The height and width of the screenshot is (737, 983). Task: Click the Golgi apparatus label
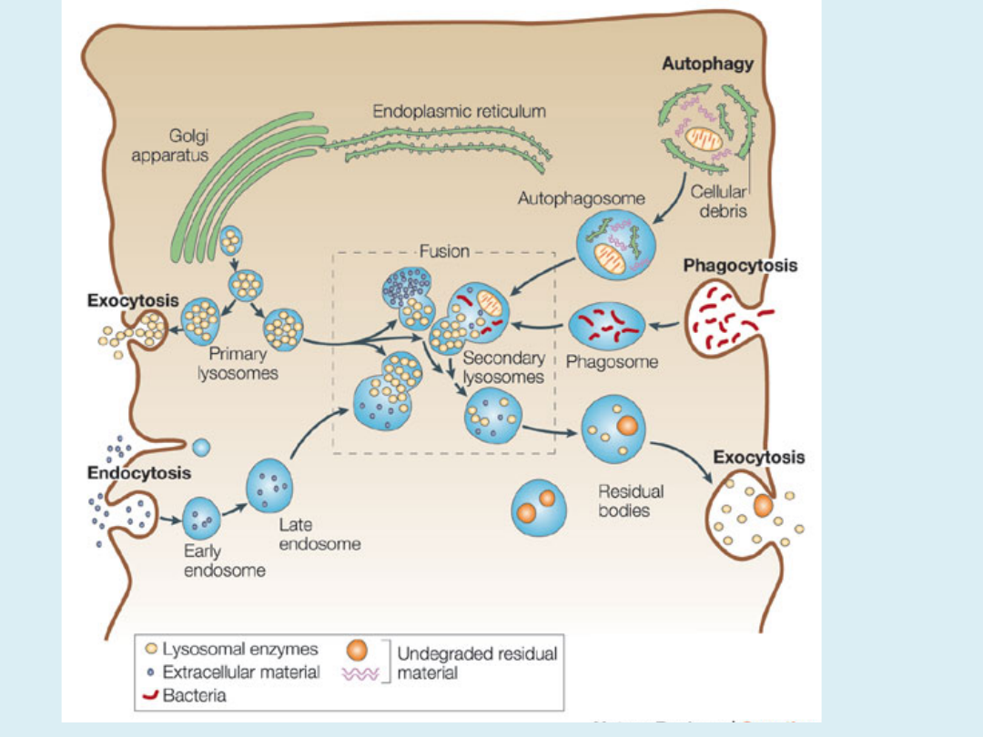(x=170, y=146)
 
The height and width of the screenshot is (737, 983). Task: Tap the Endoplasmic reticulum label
(x=459, y=112)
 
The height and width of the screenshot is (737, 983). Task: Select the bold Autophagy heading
(x=708, y=65)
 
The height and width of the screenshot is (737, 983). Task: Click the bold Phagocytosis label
(x=740, y=266)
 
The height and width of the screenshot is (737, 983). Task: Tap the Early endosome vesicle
(x=203, y=519)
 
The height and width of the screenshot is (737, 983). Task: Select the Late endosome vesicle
(x=269, y=487)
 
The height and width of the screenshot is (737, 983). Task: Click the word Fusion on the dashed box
(x=444, y=251)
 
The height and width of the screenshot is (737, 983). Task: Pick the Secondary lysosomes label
(x=503, y=368)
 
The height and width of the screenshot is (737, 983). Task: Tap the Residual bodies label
(x=631, y=500)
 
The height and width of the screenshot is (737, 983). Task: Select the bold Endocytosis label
(x=139, y=473)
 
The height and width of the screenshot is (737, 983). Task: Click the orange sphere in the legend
(x=359, y=651)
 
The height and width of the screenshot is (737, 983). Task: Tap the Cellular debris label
(x=718, y=200)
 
